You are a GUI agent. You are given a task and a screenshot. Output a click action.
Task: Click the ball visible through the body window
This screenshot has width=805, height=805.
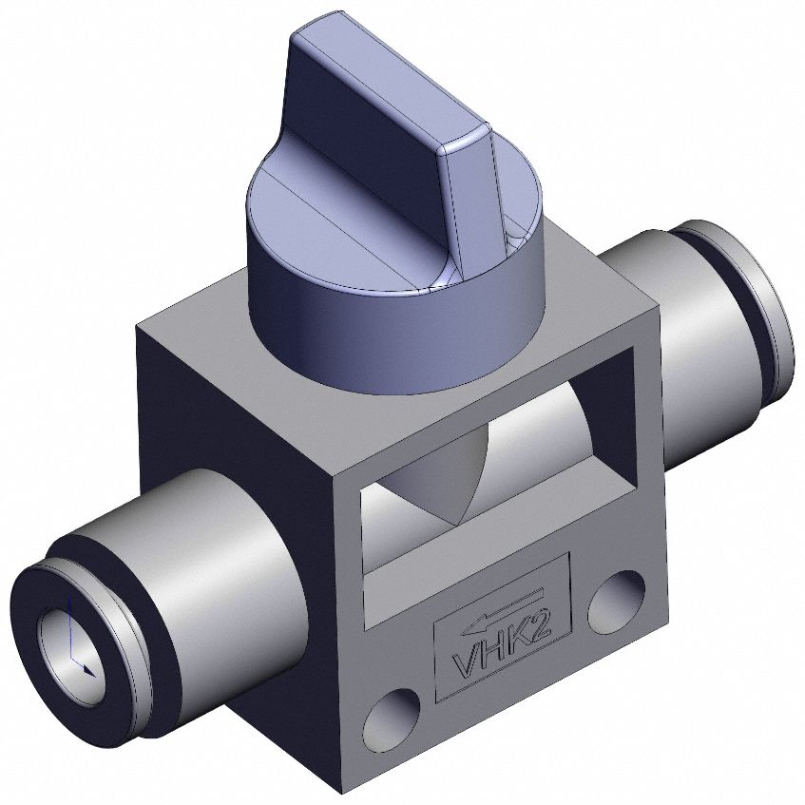coord(447,475)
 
